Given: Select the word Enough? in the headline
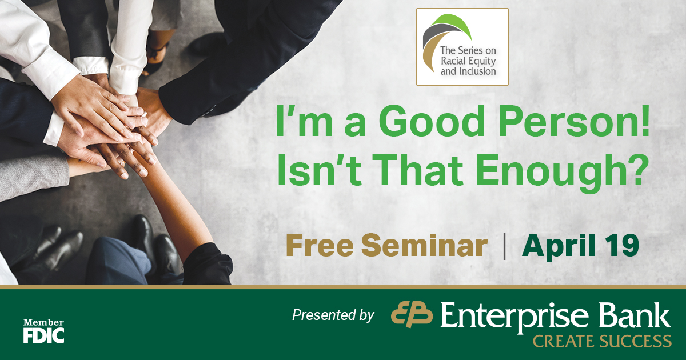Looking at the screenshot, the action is coord(563,172).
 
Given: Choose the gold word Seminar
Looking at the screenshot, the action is coord(424,245).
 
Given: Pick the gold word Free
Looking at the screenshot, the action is coord(320,245).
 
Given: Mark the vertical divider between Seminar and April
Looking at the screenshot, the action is coord(504,246).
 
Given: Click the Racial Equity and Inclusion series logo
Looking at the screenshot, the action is coord(462,47).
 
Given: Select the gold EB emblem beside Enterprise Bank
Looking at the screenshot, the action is coord(412,314).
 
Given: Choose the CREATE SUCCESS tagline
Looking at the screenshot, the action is coord(602,341).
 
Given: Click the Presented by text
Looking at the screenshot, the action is coord(333,315).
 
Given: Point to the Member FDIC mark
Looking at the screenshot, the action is coord(44,331).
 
